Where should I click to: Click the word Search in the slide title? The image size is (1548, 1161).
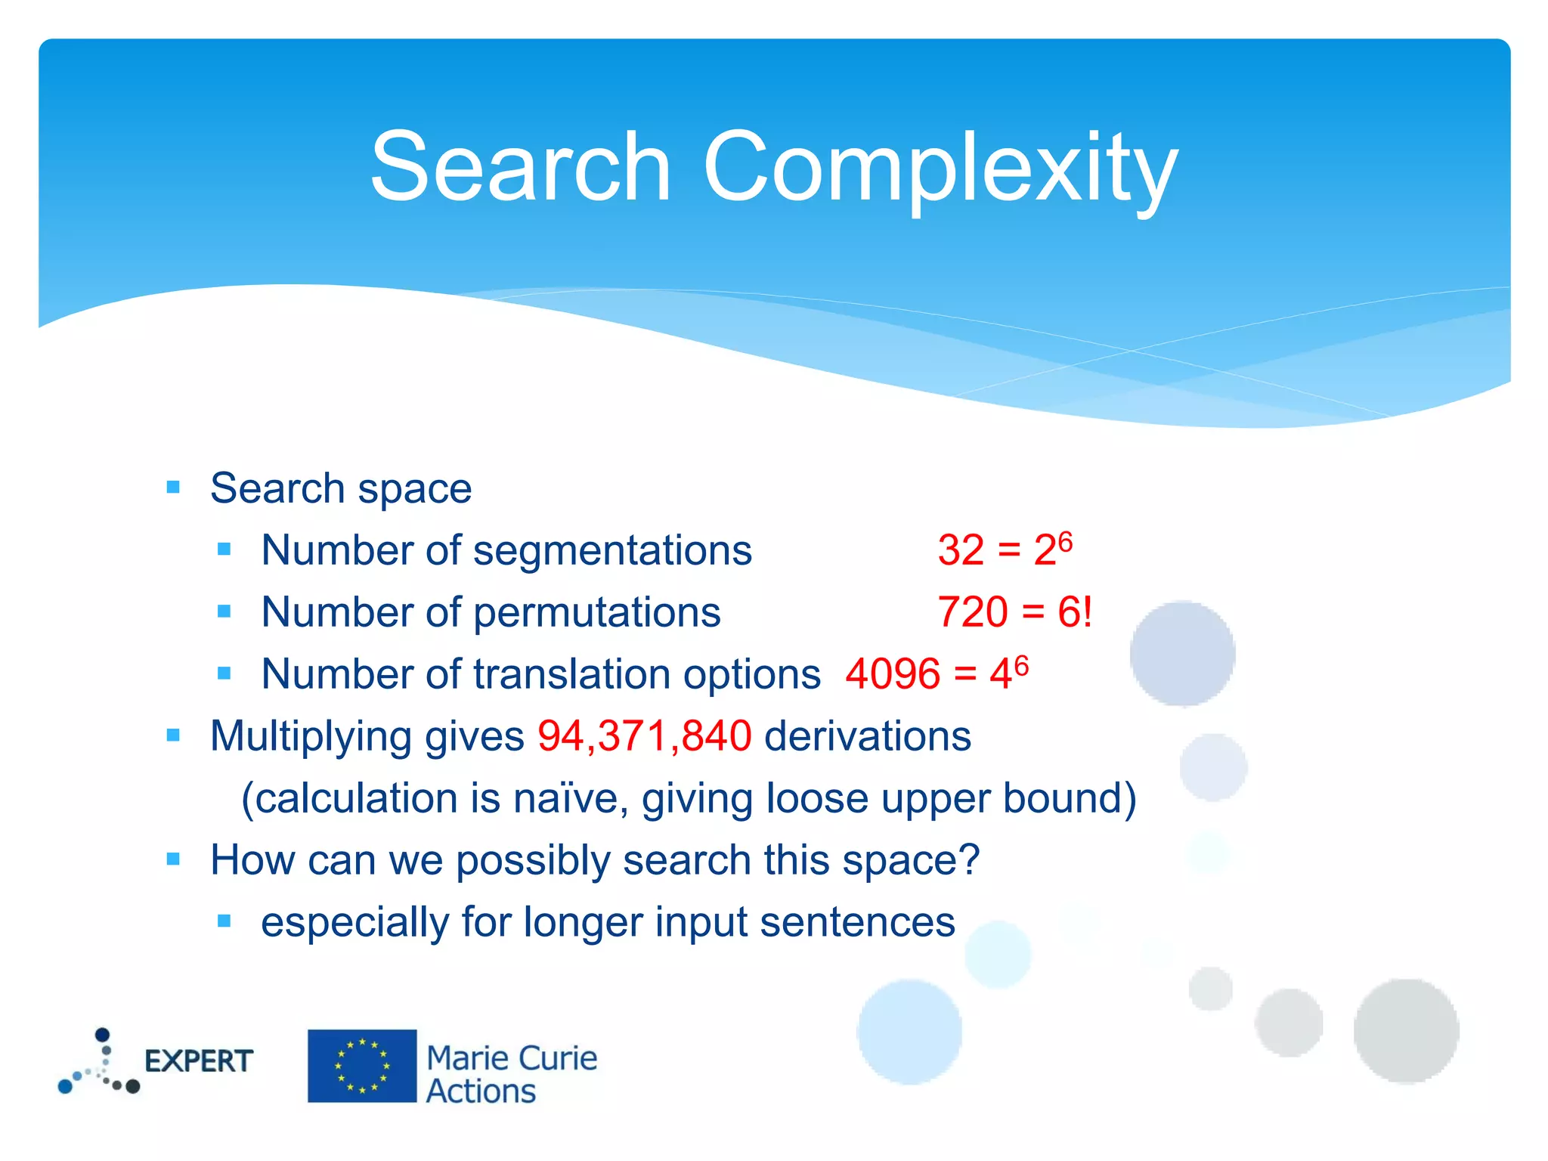point(521,168)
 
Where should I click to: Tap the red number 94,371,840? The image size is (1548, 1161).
point(644,736)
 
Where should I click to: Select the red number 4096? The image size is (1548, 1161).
point(893,674)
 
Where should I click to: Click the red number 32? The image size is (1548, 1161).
point(961,550)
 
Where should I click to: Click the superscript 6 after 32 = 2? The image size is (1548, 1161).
point(1065,540)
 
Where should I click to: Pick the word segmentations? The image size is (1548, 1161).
point(612,550)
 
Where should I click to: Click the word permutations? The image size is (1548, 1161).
point(596,612)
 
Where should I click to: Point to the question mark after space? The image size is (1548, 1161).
point(969,860)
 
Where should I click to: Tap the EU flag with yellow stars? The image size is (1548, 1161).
point(362,1066)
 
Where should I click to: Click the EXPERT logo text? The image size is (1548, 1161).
point(198,1061)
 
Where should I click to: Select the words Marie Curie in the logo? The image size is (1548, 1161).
point(512,1057)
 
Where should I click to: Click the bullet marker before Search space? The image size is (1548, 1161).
point(173,488)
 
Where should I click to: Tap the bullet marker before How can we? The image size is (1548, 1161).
point(173,859)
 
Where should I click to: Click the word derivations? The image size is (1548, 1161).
point(867,736)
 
